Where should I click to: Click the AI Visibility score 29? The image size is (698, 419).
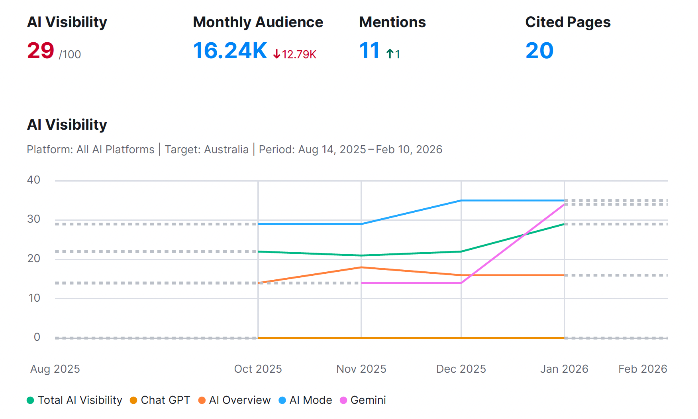[41, 51]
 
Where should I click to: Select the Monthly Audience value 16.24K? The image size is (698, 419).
[230, 51]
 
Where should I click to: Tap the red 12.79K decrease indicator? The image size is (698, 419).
[295, 54]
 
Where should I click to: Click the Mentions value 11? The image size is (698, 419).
[369, 51]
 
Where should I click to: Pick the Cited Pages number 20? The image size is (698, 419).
[539, 51]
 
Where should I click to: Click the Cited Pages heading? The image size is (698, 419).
[568, 22]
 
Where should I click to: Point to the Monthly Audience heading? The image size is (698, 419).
[258, 22]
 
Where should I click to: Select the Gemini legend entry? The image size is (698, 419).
[363, 400]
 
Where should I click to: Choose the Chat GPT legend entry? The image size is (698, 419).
[160, 400]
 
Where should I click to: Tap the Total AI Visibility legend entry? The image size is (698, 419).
[75, 400]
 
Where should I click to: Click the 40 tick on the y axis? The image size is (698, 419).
[33, 180]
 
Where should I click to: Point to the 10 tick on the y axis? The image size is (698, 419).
[34, 298]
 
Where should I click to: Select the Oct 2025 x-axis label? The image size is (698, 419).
[258, 369]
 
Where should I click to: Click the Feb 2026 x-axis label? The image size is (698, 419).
[643, 369]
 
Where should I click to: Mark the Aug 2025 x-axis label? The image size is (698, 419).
[55, 369]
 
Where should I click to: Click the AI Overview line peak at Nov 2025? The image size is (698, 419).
[361, 267]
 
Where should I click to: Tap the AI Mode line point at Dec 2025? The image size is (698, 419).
[461, 200]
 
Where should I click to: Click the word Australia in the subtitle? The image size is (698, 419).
[226, 150]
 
